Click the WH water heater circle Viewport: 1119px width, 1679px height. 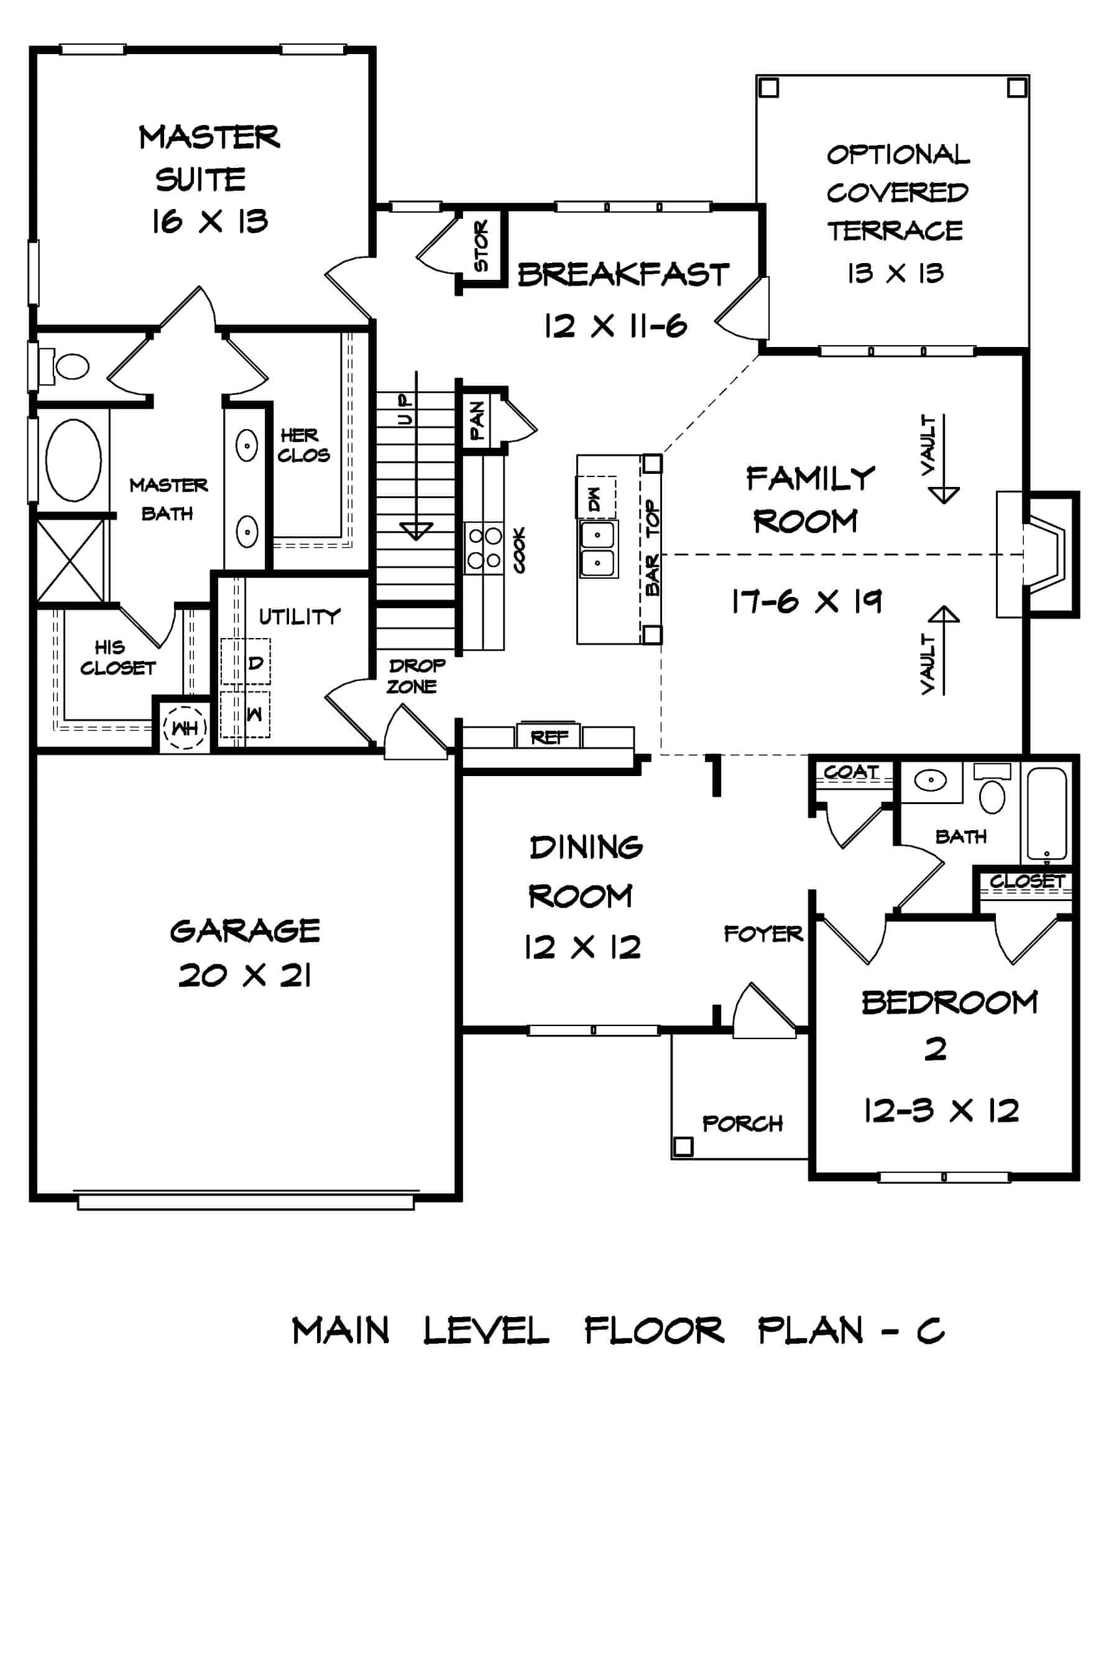(x=185, y=729)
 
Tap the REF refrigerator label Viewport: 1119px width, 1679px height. (x=549, y=737)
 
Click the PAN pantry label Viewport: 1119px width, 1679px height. (x=477, y=420)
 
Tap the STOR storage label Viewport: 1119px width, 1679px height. (x=482, y=246)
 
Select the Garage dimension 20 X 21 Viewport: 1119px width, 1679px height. (x=245, y=975)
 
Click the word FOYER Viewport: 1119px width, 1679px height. (x=763, y=934)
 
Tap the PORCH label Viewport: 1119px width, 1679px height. (x=742, y=1124)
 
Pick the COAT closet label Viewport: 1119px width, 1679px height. (x=850, y=772)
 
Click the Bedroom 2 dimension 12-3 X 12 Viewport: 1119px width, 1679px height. (x=941, y=1111)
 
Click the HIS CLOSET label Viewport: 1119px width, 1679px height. (x=116, y=657)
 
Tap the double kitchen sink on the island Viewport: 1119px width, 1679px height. (x=599, y=548)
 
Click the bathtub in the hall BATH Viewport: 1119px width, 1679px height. (x=1047, y=814)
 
